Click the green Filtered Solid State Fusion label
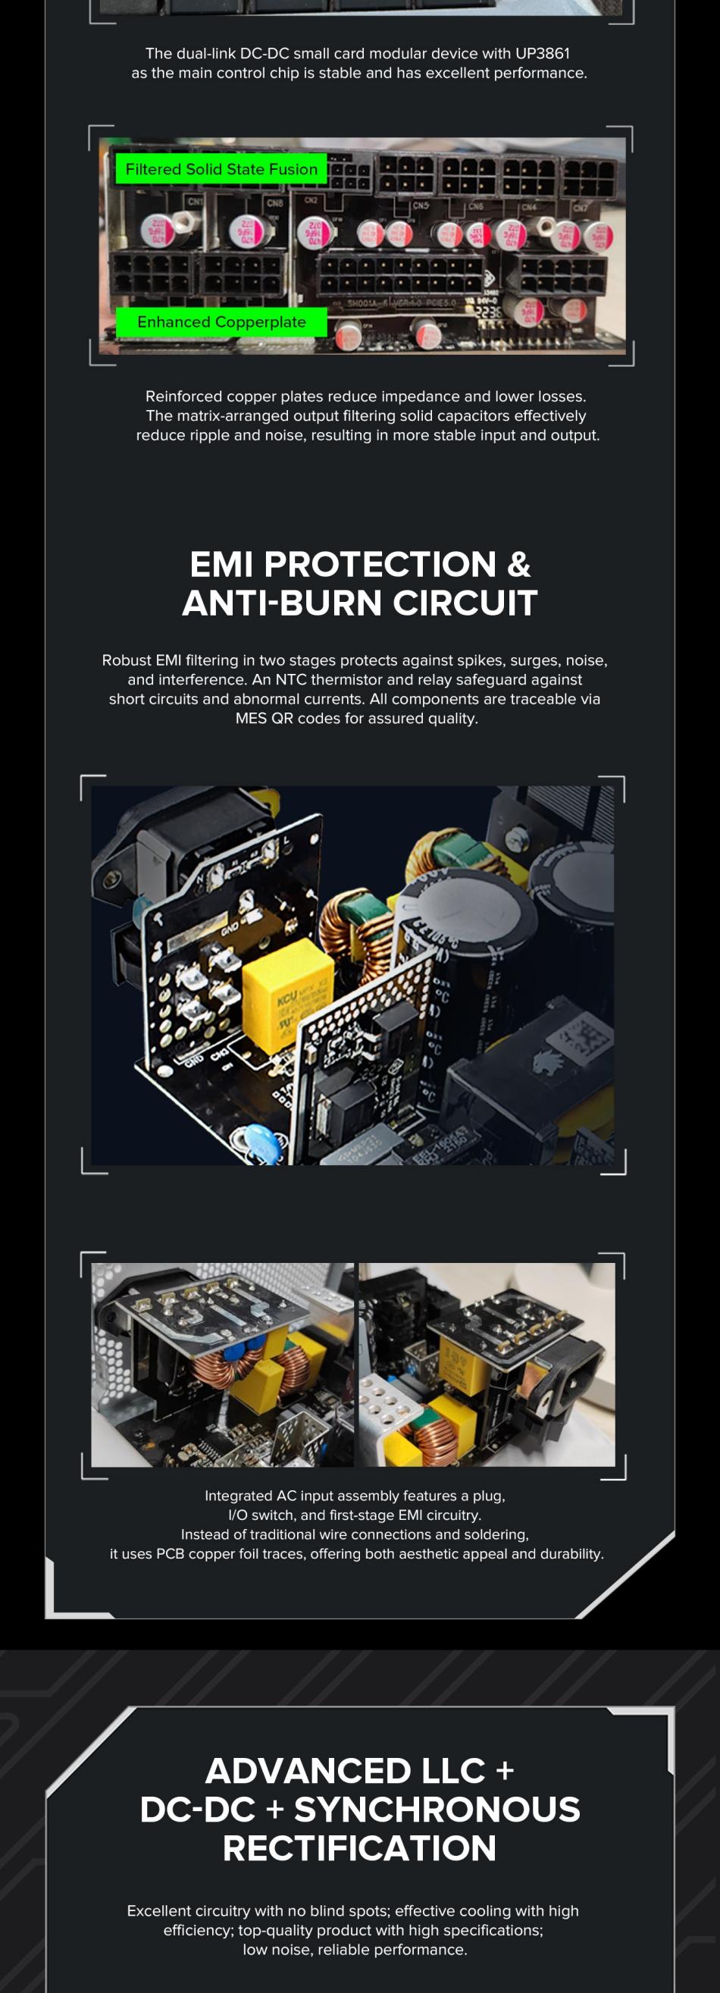point(221,168)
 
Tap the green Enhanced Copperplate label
point(221,322)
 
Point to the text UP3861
point(542,53)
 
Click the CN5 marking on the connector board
point(420,205)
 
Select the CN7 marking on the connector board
point(579,208)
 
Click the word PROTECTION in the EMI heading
point(380,564)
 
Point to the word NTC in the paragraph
point(291,679)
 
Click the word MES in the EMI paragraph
point(251,718)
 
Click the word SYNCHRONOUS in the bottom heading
point(437,1810)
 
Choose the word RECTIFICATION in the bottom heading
point(359,1848)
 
